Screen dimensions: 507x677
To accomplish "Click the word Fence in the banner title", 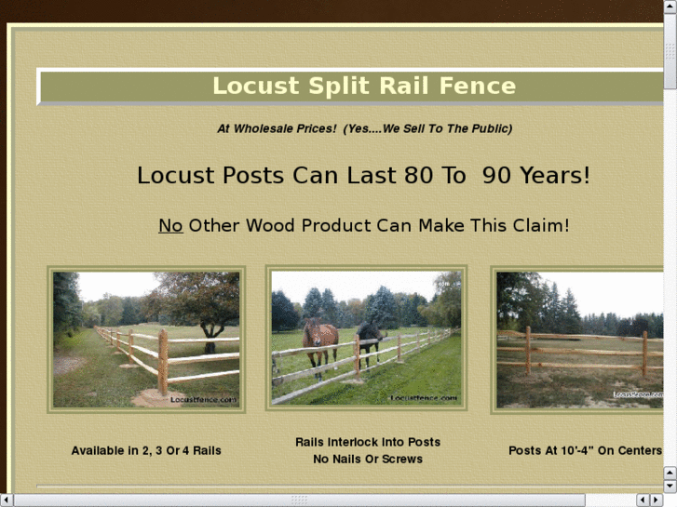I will pyautogui.click(x=479, y=87).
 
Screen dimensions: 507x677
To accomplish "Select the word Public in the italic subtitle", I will pyautogui.click(x=489, y=128).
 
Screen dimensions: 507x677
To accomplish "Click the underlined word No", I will pyautogui.click(x=170, y=226).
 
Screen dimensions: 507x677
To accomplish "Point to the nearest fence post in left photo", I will pyautogui.click(x=163, y=361).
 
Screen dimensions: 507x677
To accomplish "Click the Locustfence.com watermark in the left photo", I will pyautogui.click(x=203, y=399).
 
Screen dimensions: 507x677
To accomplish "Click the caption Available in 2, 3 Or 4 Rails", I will pyautogui.click(x=146, y=450).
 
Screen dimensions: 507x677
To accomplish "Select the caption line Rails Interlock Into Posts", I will pyautogui.click(x=367, y=442).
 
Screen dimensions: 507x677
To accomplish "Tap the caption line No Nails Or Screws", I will pyautogui.click(x=367, y=459).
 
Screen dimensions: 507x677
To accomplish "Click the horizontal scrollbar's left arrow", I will pyautogui.click(x=7, y=500).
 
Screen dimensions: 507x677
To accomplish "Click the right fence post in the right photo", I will pyautogui.click(x=643, y=354).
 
